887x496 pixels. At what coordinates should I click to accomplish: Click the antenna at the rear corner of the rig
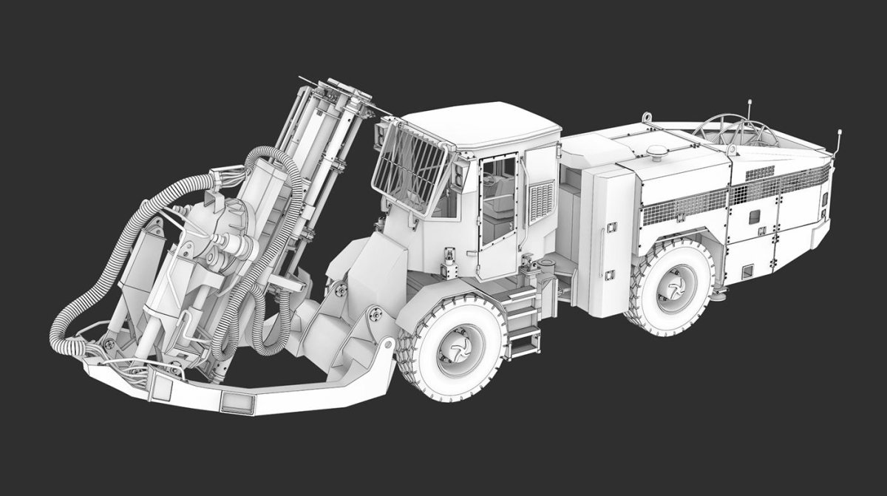coord(839,140)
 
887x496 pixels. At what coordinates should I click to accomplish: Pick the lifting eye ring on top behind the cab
coord(647,118)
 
